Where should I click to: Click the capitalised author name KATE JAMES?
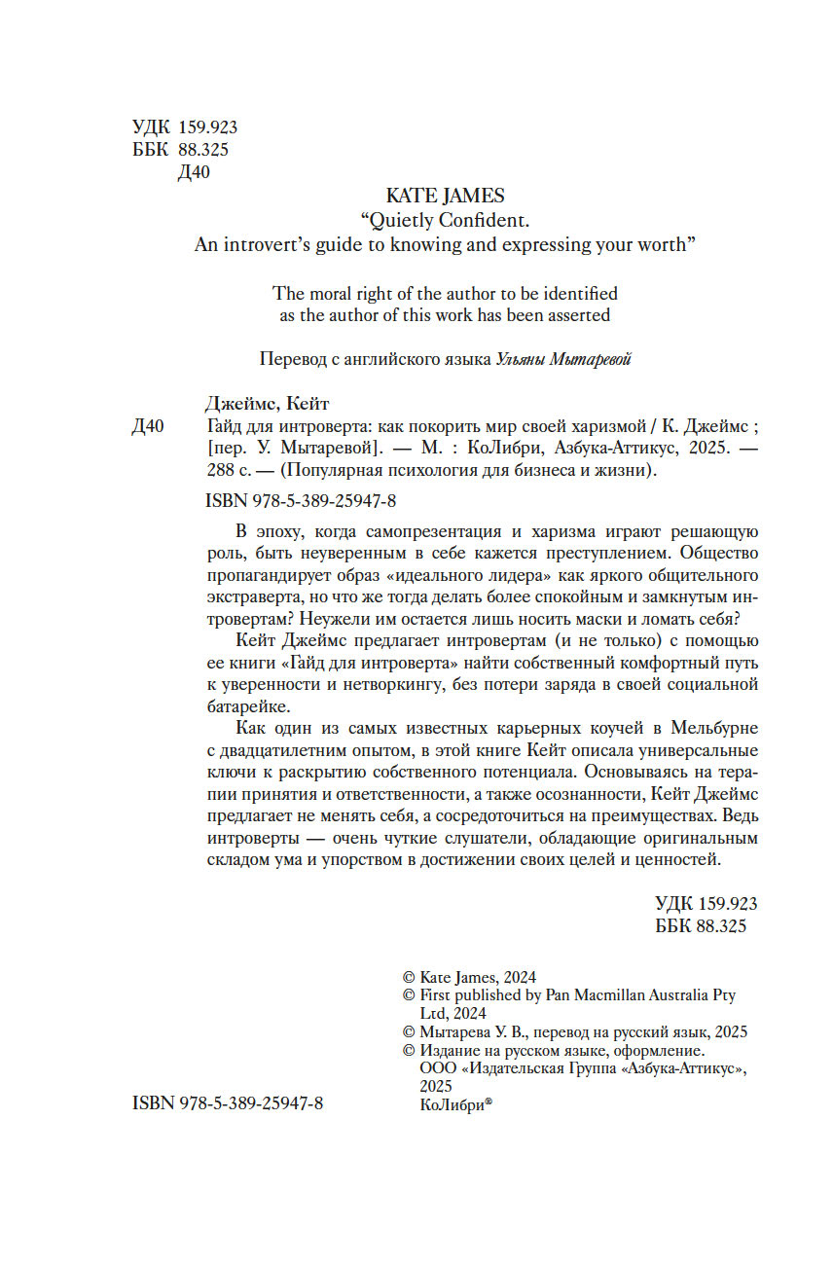445,197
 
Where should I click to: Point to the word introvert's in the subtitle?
278,245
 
